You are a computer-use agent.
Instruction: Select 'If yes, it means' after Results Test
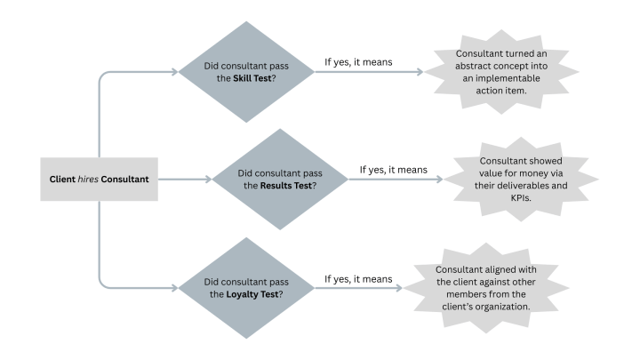393,169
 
